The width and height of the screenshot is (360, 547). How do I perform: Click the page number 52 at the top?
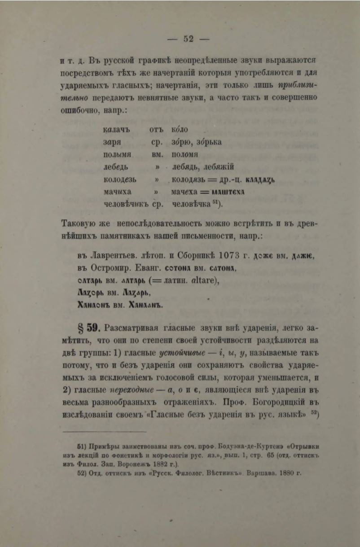click(188, 39)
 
